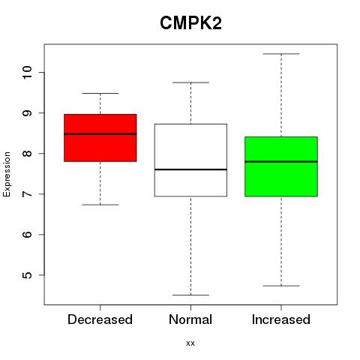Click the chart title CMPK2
point(190,23)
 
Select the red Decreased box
point(100,138)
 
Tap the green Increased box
point(281,166)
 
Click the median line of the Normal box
point(190,169)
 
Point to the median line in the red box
point(100,134)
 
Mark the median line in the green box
point(281,162)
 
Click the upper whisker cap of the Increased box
point(281,54)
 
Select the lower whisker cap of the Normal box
point(190,295)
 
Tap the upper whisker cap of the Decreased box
point(100,93)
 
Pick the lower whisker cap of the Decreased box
point(100,205)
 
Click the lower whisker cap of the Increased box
point(281,286)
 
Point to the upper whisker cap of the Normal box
point(190,82)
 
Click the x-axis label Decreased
point(100,319)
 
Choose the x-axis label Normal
point(190,319)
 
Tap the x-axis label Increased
point(281,319)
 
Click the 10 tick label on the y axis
point(28,73)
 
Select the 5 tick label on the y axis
point(28,275)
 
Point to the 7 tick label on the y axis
point(28,194)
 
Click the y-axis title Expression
point(7,174)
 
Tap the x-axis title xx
point(190,343)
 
